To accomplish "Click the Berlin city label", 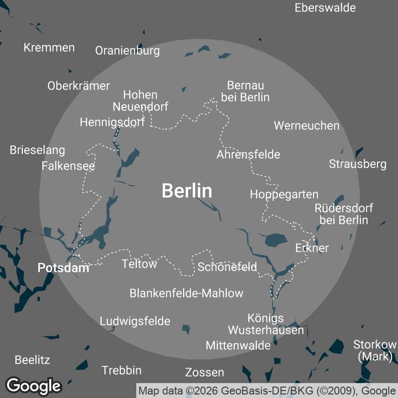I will (187, 191).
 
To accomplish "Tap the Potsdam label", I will (63, 268).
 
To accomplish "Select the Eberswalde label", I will (325, 7).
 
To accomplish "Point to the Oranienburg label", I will (127, 51).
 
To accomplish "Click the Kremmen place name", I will (49, 48).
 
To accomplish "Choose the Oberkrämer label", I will (79, 86).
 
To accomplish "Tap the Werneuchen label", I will (306, 125).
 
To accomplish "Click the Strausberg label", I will (358, 164).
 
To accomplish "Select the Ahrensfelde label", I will (248, 154).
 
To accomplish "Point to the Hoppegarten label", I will (284, 194).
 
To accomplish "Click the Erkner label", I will (312, 248).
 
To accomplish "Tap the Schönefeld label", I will (227, 267).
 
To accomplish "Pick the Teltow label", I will (139, 264).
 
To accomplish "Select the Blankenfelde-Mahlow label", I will (187, 293).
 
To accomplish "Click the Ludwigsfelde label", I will (135, 321).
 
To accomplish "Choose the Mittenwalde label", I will (238, 345).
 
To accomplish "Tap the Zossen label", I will (204, 372).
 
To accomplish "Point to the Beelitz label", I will (32, 360).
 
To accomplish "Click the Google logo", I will (34, 386).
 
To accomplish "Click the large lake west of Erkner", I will (276, 240).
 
